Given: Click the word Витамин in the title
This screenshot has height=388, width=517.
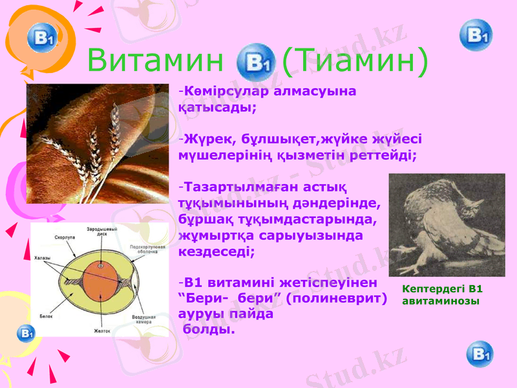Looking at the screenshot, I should [155, 62].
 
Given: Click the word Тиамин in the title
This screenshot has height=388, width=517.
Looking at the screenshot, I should [355, 62].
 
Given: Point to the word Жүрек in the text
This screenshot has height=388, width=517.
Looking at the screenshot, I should [203, 138].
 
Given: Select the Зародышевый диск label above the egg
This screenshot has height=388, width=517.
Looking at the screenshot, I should [102, 232].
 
